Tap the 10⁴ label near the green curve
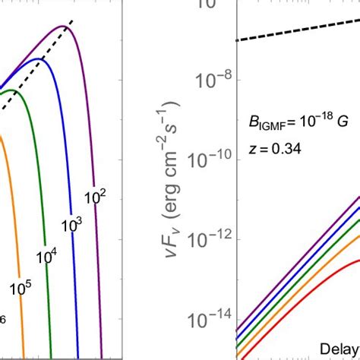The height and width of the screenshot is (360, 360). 47,257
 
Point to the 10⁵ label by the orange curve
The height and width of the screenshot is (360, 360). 21,287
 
